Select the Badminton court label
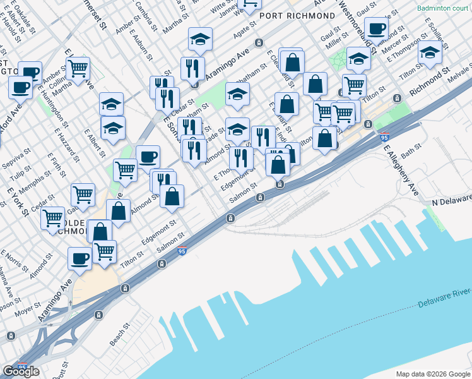pyautogui.click(x=443, y=9)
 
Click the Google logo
pyautogui.click(x=21, y=371)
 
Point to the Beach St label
pyautogui.click(x=119, y=335)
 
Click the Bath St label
pyautogui.click(x=411, y=152)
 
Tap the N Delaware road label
pyautogui.click(x=452, y=202)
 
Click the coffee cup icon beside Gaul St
pyautogui.click(x=377, y=28)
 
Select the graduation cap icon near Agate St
pyautogui.click(x=200, y=40)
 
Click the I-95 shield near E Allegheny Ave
pyautogui.click(x=384, y=136)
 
